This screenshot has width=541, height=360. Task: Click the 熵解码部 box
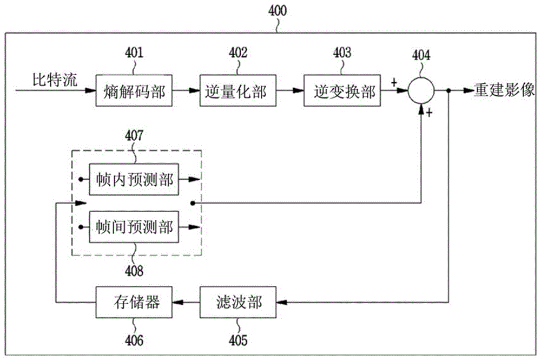coord(134,90)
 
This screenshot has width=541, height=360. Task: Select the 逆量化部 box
coord(238,90)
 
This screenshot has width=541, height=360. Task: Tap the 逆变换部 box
coord(342,90)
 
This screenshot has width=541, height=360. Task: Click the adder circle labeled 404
coord(421,90)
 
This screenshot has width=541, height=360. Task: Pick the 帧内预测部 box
coord(134,180)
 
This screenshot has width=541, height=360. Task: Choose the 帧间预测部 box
coord(134,227)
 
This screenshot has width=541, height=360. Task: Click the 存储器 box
coord(134,302)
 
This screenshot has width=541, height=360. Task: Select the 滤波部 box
coord(238,302)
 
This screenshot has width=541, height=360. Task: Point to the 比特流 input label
coord(55,80)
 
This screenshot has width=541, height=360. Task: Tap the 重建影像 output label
coord(504,90)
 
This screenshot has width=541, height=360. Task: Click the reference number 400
coord(278,11)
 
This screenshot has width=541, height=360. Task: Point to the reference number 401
coord(134,53)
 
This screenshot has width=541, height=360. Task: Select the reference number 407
coord(134,136)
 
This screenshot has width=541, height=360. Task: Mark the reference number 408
coord(134,271)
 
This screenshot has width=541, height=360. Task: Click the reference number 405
coord(238,341)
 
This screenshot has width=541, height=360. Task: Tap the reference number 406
coord(134,341)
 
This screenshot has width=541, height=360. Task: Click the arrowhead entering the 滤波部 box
coord(281,303)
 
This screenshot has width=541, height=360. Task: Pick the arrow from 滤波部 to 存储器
coord(186,303)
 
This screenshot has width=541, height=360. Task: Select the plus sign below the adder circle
coord(429,113)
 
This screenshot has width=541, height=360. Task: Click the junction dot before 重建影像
coord(448,91)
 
